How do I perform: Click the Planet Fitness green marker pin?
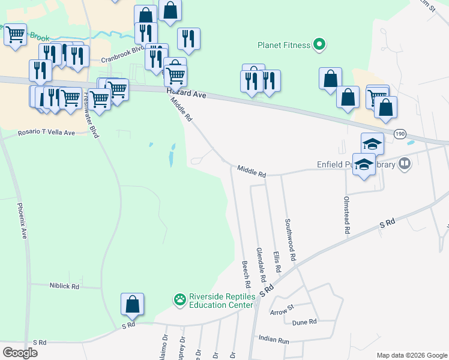pyautogui.click(x=319, y=44)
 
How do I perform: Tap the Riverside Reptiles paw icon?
pyautogui.click(x=179, y=299)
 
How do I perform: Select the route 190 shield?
pyautogui.click(x=400, y=133)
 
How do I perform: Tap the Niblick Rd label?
pyautogui.click(x=64, y=287)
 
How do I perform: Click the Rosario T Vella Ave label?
pyautogui.click(x=46, y=132)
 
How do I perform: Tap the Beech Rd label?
pyautogui.click(x=246, y=273)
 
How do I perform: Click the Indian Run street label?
pyautogui.click(x=274, y=340)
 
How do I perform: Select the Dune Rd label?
pyautogui.click(x=304, y=322)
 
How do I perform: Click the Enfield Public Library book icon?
pyautogui.click(x=406, y=164)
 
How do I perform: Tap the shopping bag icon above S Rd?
pyautogui.click(x=132, y=304)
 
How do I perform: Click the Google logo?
pyautogui.click(x=20, y=353)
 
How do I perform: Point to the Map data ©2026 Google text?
pyautogui.click(x=411, y=355)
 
